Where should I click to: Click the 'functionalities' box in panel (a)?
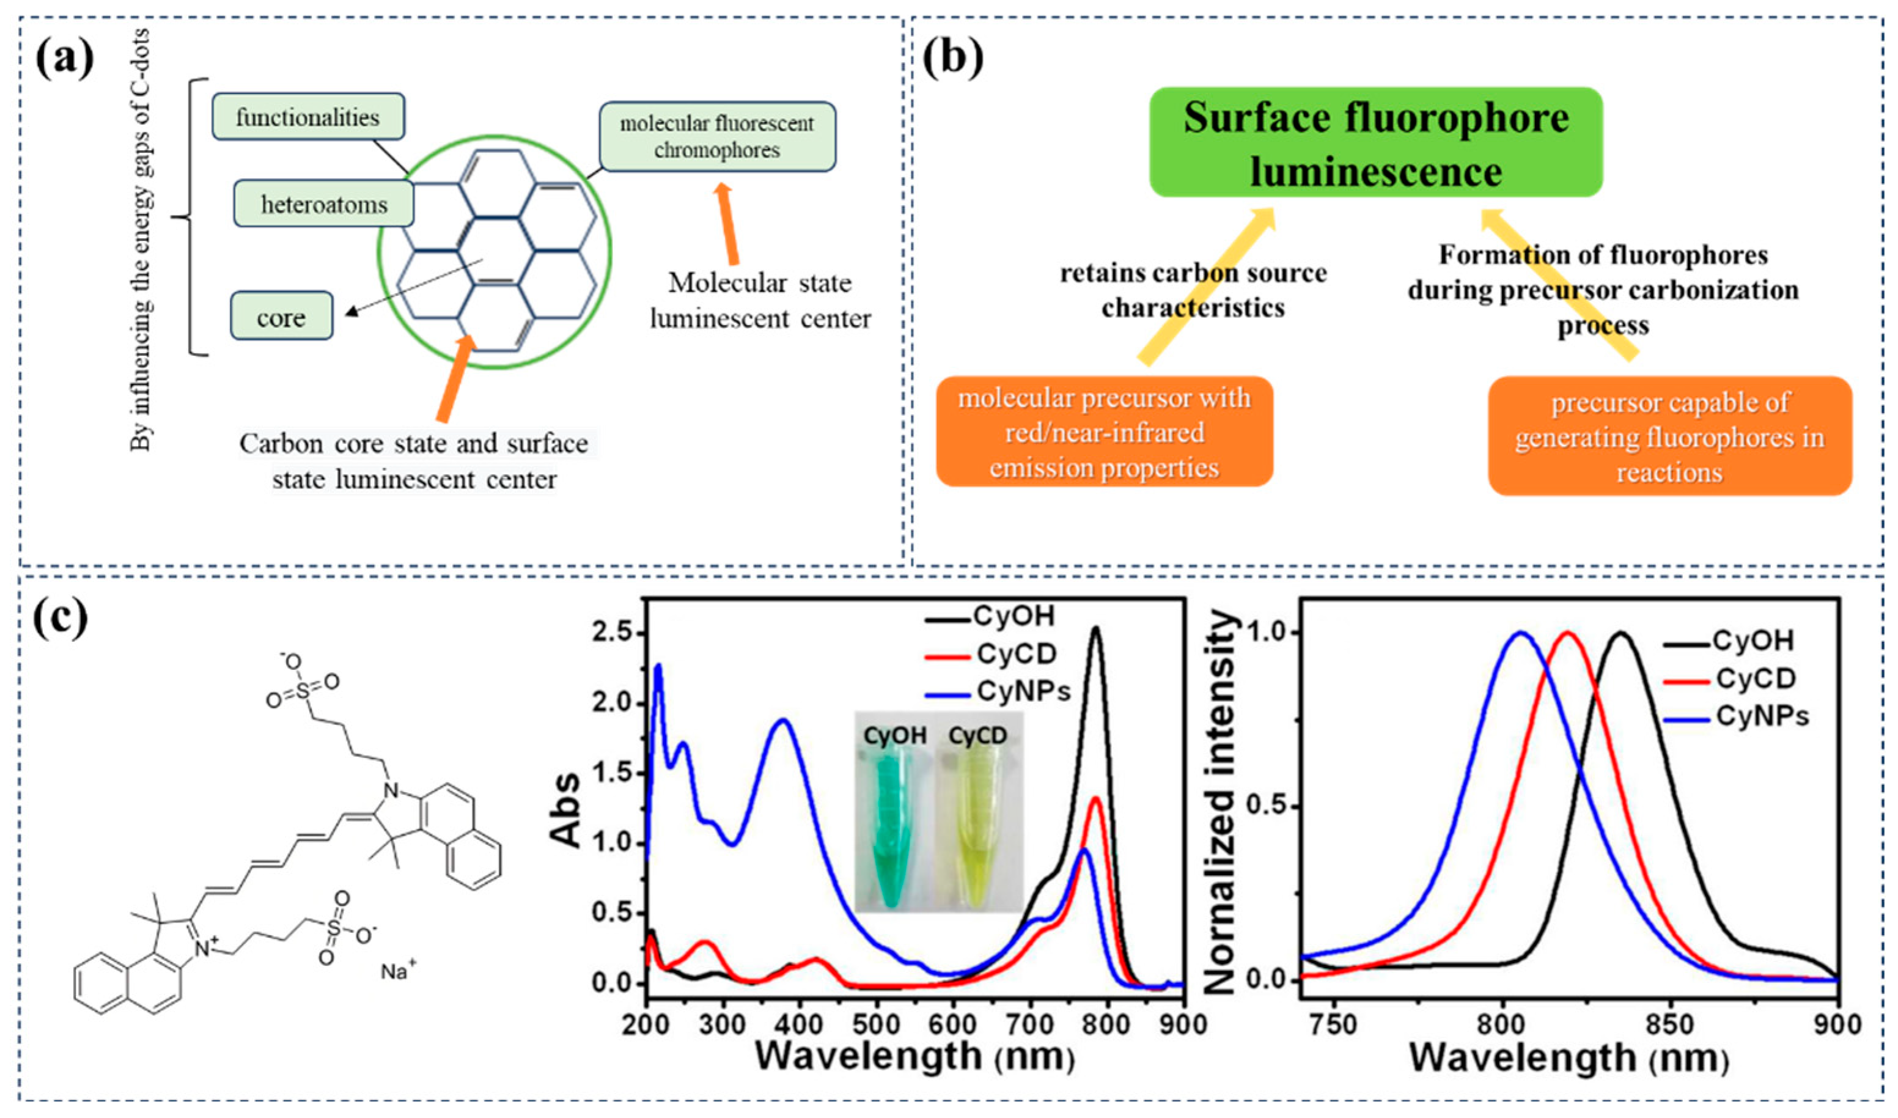308,117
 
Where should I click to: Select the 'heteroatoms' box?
324,204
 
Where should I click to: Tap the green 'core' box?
281,317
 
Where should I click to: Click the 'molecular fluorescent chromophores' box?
717,136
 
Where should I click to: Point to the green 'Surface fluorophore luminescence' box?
1375,142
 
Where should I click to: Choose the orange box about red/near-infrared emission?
1103,432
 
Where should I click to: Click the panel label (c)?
61,619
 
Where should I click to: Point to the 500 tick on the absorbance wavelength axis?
876,1024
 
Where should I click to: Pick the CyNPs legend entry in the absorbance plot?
1023,691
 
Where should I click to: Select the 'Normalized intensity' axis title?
1221,803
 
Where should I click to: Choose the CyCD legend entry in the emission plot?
1755,679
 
